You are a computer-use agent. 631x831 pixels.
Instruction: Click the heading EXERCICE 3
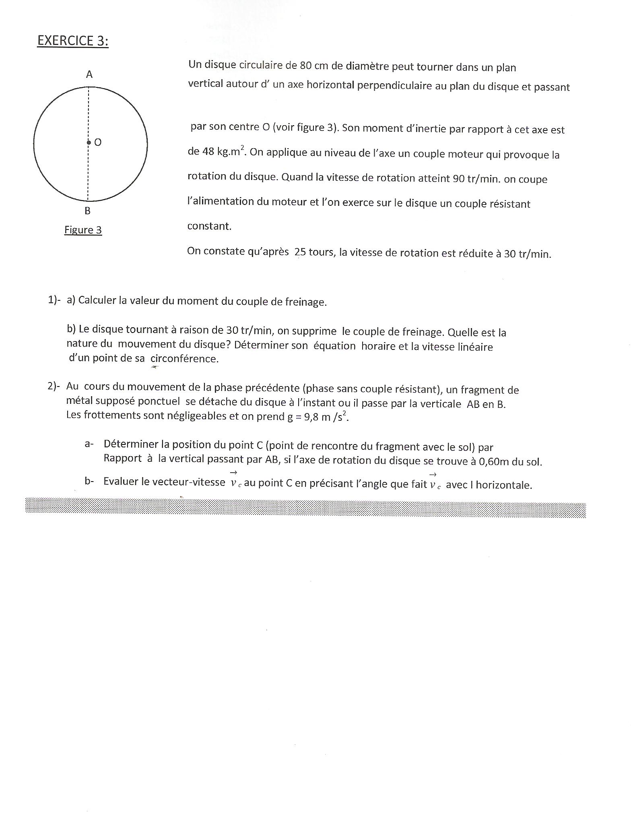click(x=73, y=41)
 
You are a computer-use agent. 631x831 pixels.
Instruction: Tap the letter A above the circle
click(x=89, y=74)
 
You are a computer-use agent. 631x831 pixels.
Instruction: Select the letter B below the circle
click(x=87, y=211)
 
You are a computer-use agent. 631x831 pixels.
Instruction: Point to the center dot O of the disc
click(x=89, y=143)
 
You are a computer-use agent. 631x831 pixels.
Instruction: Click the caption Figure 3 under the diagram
click(x=83, y=230)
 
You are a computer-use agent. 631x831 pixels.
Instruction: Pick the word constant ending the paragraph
click(x=209, y=226)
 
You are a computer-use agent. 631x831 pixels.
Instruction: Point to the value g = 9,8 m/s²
click(x=318, y=417)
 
